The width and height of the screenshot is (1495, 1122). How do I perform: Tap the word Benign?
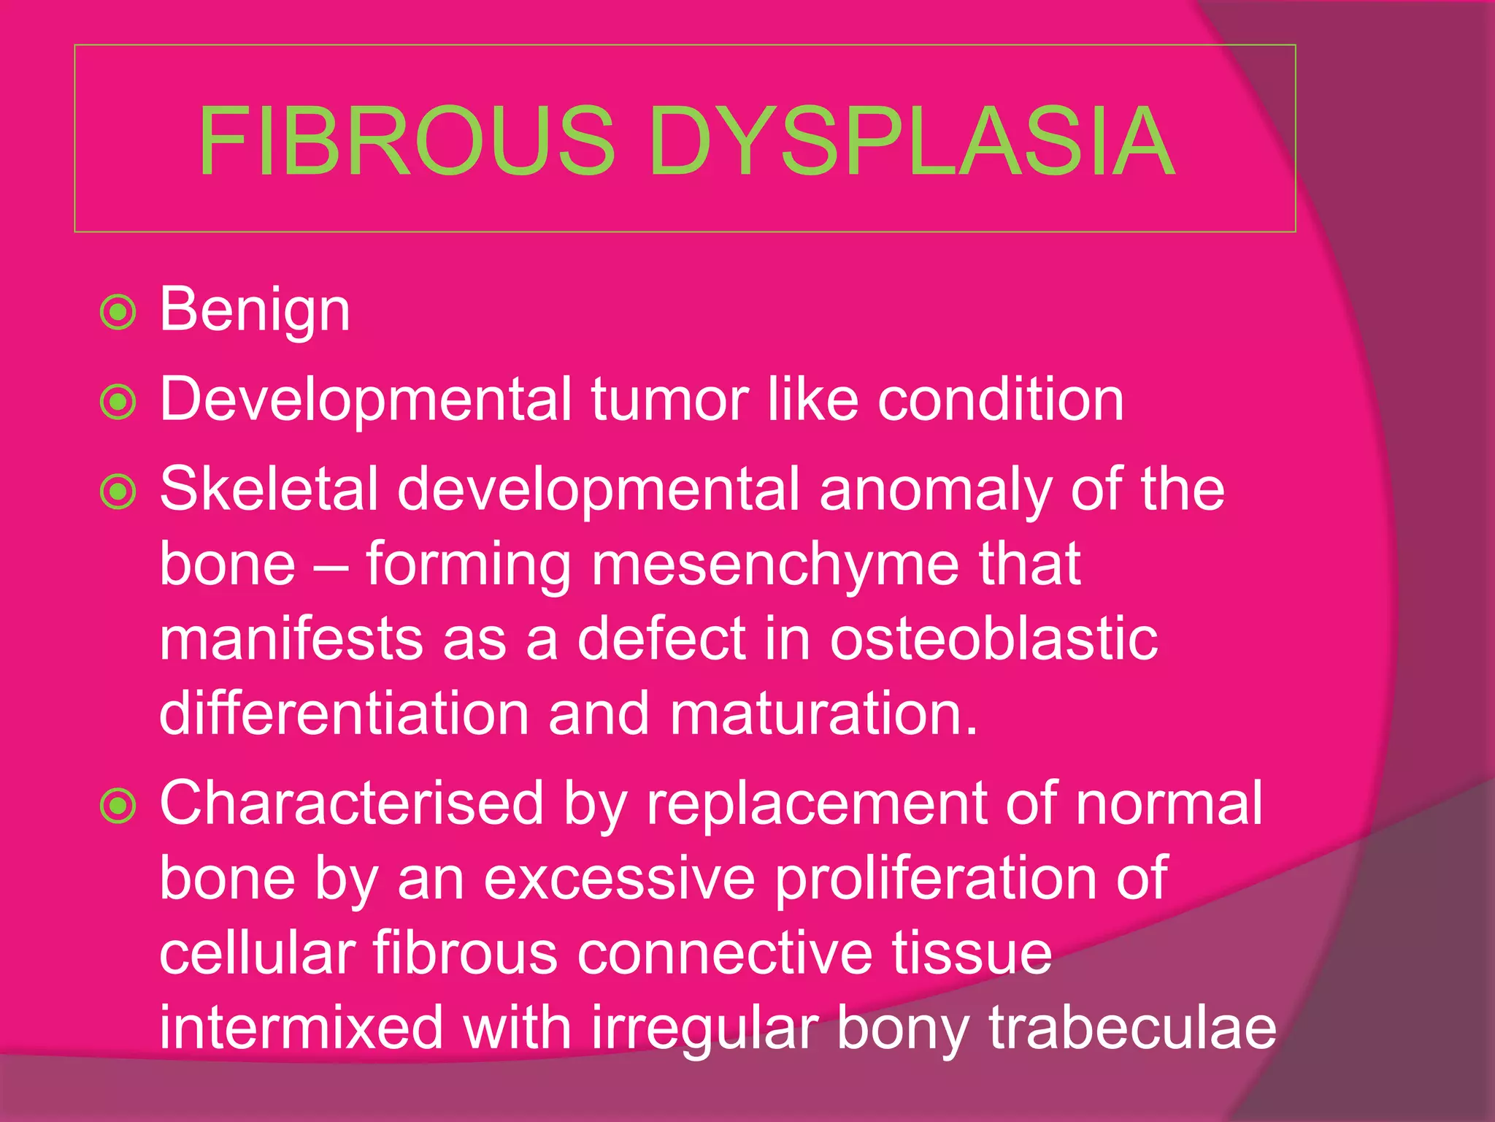coord(255,310)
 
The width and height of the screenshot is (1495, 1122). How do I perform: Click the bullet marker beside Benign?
coord(118,313)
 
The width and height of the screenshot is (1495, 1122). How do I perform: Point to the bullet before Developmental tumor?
coord(118,402)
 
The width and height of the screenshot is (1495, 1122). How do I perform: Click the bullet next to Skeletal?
coord(118,491)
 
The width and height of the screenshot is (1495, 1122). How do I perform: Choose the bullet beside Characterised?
coord(118,806)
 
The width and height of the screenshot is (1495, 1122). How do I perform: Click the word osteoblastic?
coord(994,639)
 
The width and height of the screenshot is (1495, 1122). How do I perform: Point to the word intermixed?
coord(301,1028)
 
